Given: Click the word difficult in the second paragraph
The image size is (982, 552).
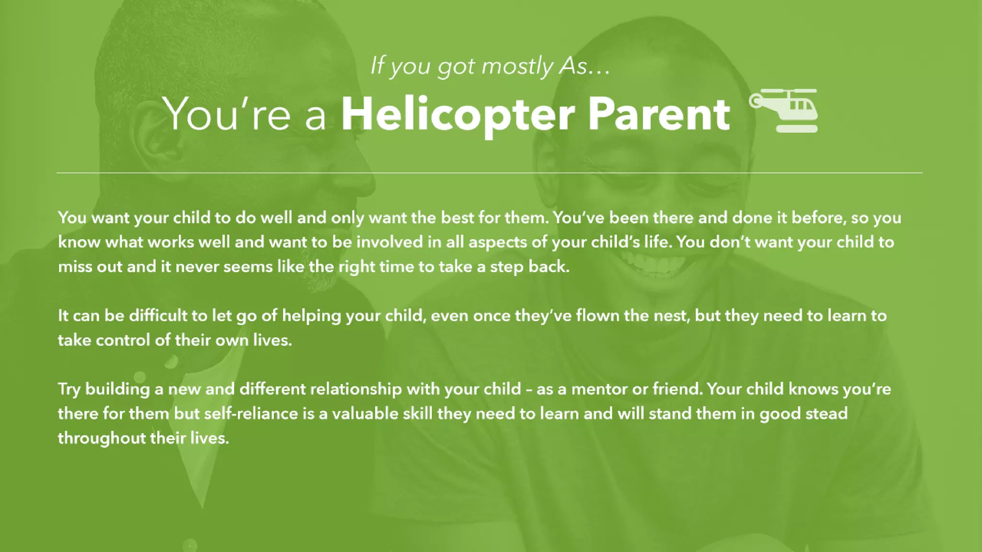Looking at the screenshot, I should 158,315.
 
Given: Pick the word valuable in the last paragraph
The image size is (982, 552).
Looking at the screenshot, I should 365,414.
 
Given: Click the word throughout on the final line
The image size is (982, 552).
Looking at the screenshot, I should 102,438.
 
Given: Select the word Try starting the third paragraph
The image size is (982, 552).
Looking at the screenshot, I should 69,389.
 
